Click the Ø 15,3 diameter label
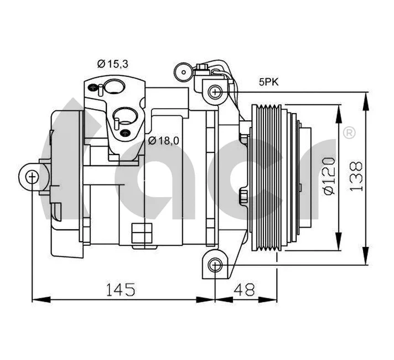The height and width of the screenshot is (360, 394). [113, 64]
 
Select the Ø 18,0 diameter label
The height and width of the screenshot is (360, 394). [164, 141]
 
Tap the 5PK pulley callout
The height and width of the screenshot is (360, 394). [269, 83]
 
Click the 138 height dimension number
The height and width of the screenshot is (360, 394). [357, 176]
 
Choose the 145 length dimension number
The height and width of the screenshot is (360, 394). [120, 289]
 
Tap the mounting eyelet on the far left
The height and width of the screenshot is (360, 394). [32, 177]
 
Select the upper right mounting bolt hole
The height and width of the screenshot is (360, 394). [215, 90]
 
